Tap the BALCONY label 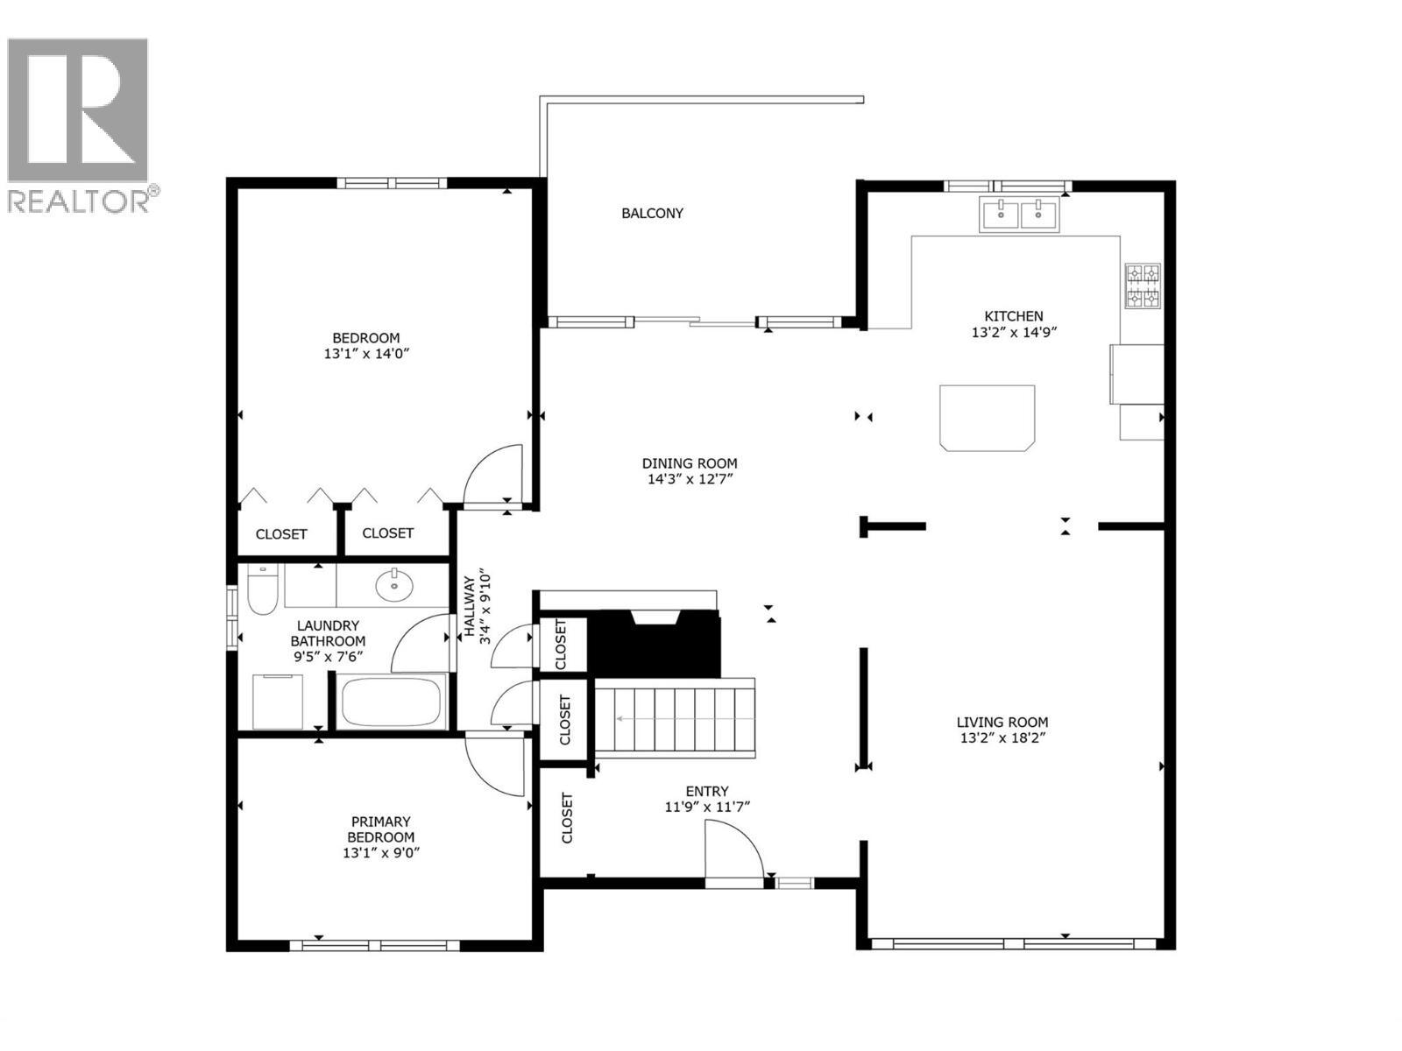tap(652, 213)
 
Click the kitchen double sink tap(1019, 214)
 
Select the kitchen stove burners tap(1143, 286)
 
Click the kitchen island tap(987, 418)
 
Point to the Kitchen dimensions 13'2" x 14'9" tap(1013, 333)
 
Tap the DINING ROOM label tap(689, 463)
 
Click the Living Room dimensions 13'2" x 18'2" tap(1002, 738)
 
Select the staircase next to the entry tap(675, 718)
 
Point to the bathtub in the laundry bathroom tap(392, 702)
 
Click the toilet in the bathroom tap(262, 589)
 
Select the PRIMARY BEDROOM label tap(380, 829)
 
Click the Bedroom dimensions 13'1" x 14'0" tap(366, 355)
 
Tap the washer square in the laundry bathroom tap(278, 701)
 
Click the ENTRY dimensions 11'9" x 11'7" tap(706, 808)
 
